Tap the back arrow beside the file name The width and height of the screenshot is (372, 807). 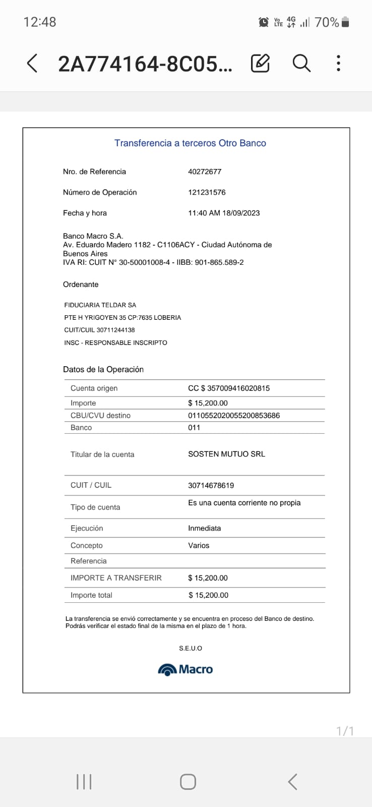click(x=32, y=64)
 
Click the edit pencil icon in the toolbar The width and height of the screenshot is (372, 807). click(x=260, y=63)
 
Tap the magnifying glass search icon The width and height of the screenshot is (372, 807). click(x=301, y=63)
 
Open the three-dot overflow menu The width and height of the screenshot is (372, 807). click(x=338, y=63)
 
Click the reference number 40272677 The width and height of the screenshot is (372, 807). click(x=205, y=171)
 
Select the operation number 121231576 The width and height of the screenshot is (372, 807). click(x=207, y=192)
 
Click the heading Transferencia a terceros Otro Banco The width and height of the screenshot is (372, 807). click(x=190, y=143)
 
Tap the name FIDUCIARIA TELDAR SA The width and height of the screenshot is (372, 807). click(x=100, y=305)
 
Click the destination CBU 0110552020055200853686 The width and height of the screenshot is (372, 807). click(x=234, y=416)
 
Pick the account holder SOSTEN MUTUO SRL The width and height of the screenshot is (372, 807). click(x=226, y=454)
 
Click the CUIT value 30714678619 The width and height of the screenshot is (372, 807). click(x=211, y=485)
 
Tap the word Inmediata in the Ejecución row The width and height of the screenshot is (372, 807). click(x=204, y=528)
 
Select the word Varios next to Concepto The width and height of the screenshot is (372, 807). click(x=199, y=545)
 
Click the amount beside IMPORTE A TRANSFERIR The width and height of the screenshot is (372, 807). click(x=208, y=578)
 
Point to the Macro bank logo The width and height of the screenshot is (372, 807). click(x=185, y=669)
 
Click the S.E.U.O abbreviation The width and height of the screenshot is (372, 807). click(x=190, y=648)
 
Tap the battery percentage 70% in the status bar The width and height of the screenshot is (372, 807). click(x=327, y=22)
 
